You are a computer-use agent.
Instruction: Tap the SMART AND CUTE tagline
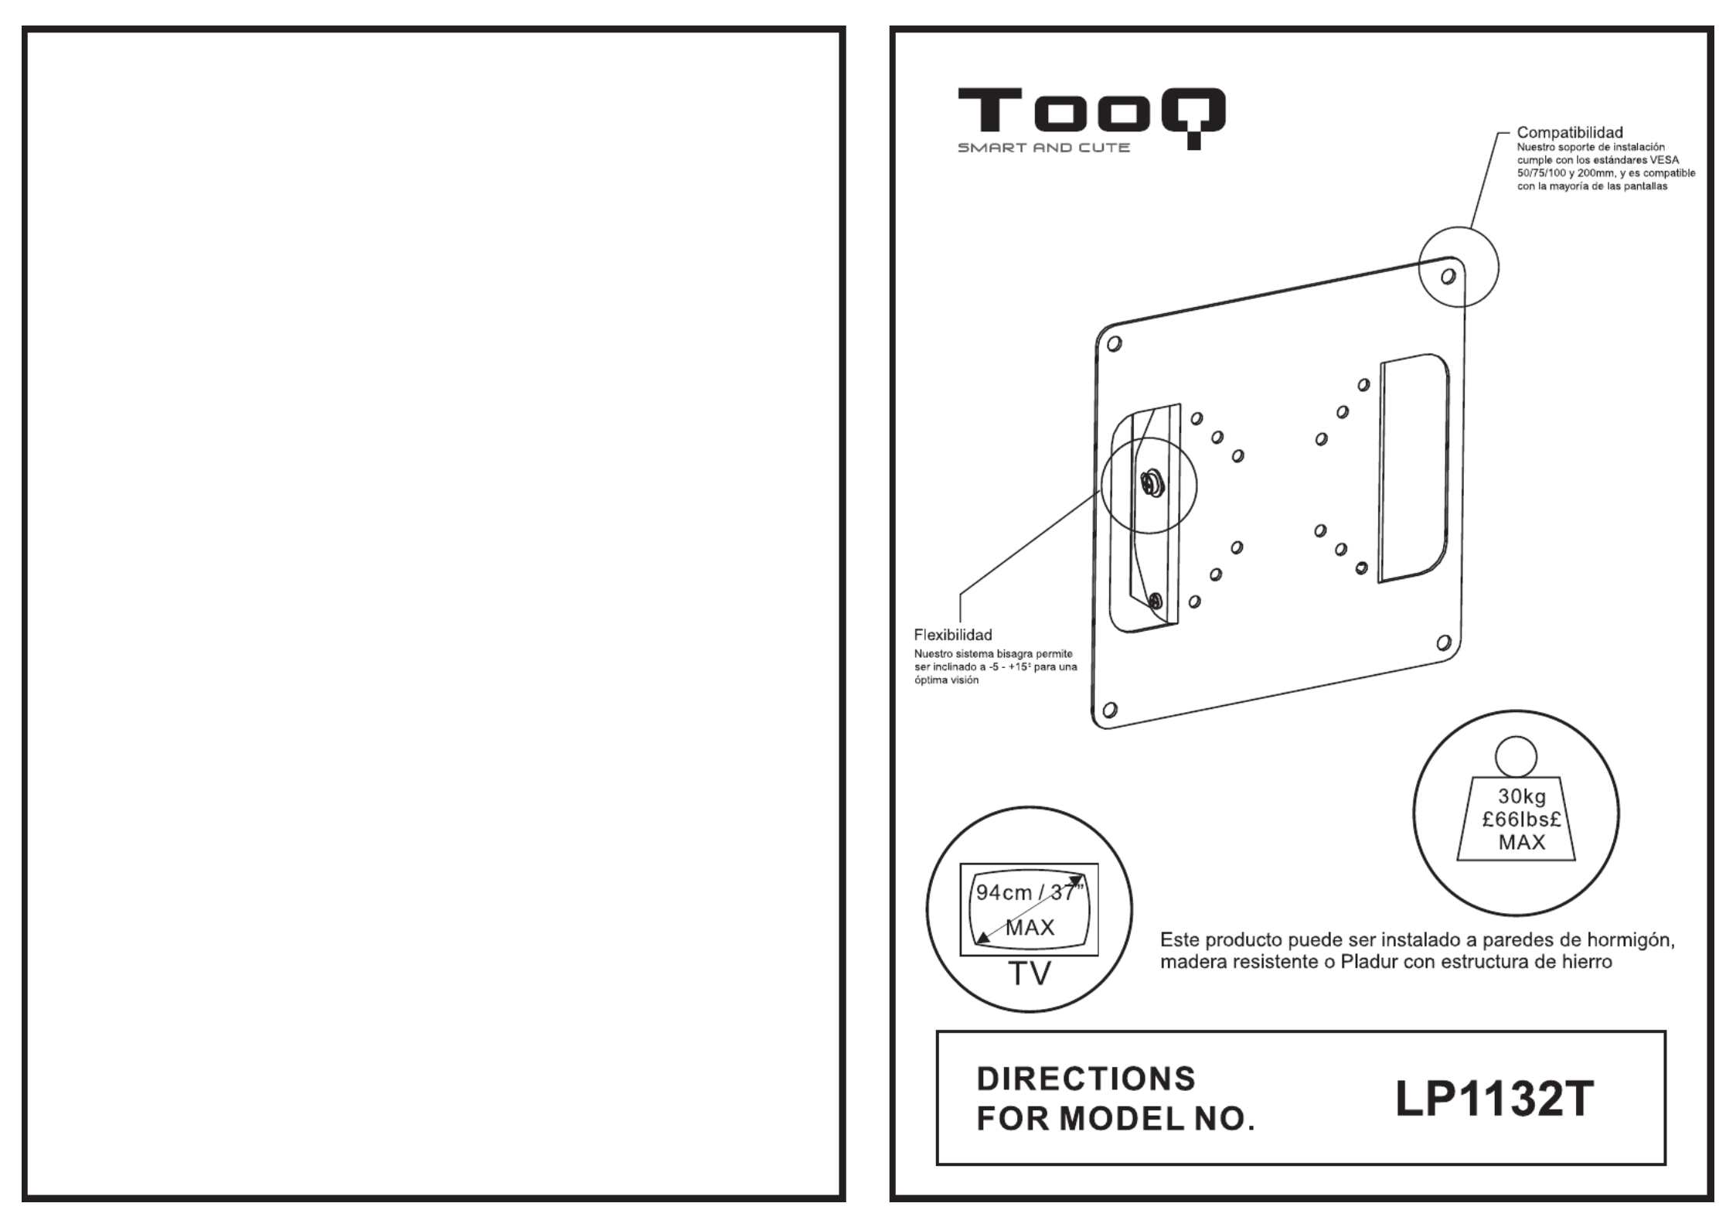click(x=1043, y=147)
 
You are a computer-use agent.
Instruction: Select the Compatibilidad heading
click(x=1570, y=133)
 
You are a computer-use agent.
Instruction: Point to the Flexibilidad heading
click(x=953, y=635)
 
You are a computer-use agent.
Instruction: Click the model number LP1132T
click(x=1494, y=1099)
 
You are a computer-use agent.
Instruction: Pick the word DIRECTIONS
click(x=1086, y=1079)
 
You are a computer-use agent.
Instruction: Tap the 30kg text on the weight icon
click(x=1522, y=796)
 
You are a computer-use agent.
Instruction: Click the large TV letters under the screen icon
click(x=1030, y=974)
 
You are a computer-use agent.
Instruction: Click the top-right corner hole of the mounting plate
click(x=1448, y=276)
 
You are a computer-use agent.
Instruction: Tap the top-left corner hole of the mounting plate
click(x=1114, y=344)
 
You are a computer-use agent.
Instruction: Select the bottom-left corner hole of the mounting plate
click(x=1110, y=710)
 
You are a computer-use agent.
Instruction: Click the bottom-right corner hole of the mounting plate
click(x=1443, y=642)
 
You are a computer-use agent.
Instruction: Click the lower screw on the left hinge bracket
click(x=1156, y=600)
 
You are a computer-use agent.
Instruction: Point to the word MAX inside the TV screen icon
click(x=1030, y=927)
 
